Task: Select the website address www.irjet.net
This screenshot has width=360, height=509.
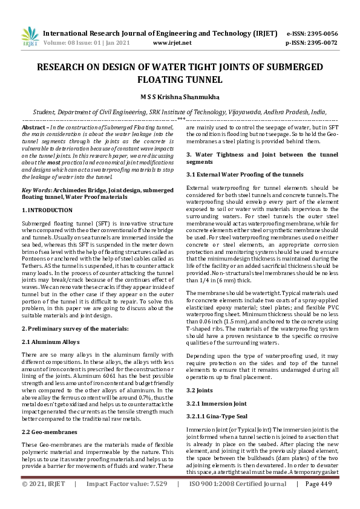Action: [x=172, y=44]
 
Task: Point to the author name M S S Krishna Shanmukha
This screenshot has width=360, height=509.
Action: [x=180, y=97]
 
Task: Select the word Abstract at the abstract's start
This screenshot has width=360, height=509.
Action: [x=33, y=129]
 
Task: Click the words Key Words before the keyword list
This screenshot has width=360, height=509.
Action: [x=36, y=189]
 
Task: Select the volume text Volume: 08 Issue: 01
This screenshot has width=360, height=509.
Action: [x=75, y=44]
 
